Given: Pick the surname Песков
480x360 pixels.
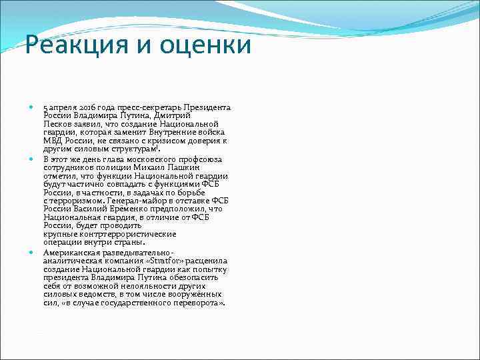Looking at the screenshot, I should (x=57, y=124).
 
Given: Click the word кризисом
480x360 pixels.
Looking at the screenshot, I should (x=185, y=141).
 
